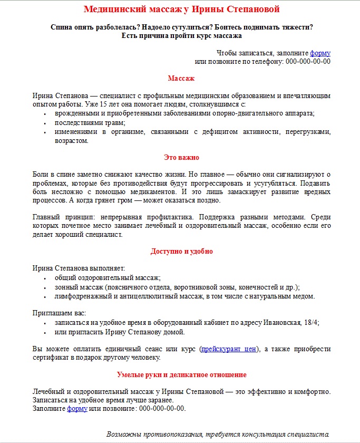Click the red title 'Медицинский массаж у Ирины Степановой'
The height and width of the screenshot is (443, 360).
(x=181, y=9)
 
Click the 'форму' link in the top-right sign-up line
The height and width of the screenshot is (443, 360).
(x=320, y=53)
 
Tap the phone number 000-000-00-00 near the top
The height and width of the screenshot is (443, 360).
(x=308, y=61)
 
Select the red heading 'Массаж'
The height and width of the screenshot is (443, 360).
(x=181, y=79)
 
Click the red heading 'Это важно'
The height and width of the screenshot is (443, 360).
(x=181, y=158)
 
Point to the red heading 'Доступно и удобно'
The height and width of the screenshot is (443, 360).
(x=181, y=252)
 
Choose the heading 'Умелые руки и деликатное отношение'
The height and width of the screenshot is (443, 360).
(x=181, y=375)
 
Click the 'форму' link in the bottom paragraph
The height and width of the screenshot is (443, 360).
(x=77, y=408)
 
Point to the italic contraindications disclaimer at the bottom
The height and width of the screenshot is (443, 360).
(x=218, y=435)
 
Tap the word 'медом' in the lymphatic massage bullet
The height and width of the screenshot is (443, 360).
(x=304, y=296)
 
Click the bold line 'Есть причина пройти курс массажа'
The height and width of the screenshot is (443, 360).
(x=181, y=36)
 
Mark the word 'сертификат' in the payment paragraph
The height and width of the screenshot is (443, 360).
(x=50, y=358)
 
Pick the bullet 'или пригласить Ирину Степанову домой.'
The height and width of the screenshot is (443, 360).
(x=120, y=332)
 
